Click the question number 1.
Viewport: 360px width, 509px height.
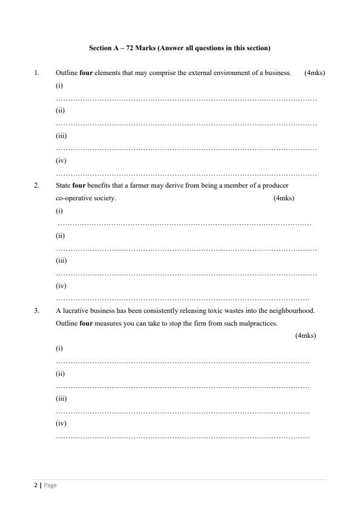[x=36, y=73]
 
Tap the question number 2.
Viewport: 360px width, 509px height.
[x=36, y=186]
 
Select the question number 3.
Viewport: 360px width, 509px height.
[x=36, y=310]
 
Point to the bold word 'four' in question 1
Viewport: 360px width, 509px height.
[x=85, y=73]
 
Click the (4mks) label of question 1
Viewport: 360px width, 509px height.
[x=315, y=73]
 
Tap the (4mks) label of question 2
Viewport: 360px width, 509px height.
[x=284, y=198]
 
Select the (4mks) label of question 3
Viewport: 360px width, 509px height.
[x=306, y=335]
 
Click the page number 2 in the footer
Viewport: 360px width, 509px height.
[x=35, y=485]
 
